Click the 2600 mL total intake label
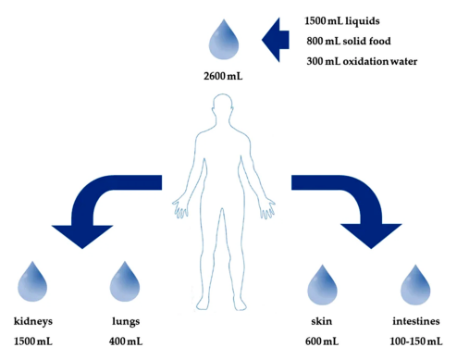pos(223,76)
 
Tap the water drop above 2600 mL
pos(224,40)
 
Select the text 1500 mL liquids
pos(342,21)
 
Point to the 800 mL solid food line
pos(349,41)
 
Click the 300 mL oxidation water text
pos(362,61)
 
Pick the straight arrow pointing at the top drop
pos(276,40)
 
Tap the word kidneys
pos(33,322)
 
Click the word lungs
pos(126,322)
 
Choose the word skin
pos(322,321)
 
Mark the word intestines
pos(416,321)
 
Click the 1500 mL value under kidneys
pos(33,341)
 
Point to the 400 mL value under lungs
pos(126,341)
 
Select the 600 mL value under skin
pos(322,341)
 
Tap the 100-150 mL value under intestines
pos(416,341)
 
